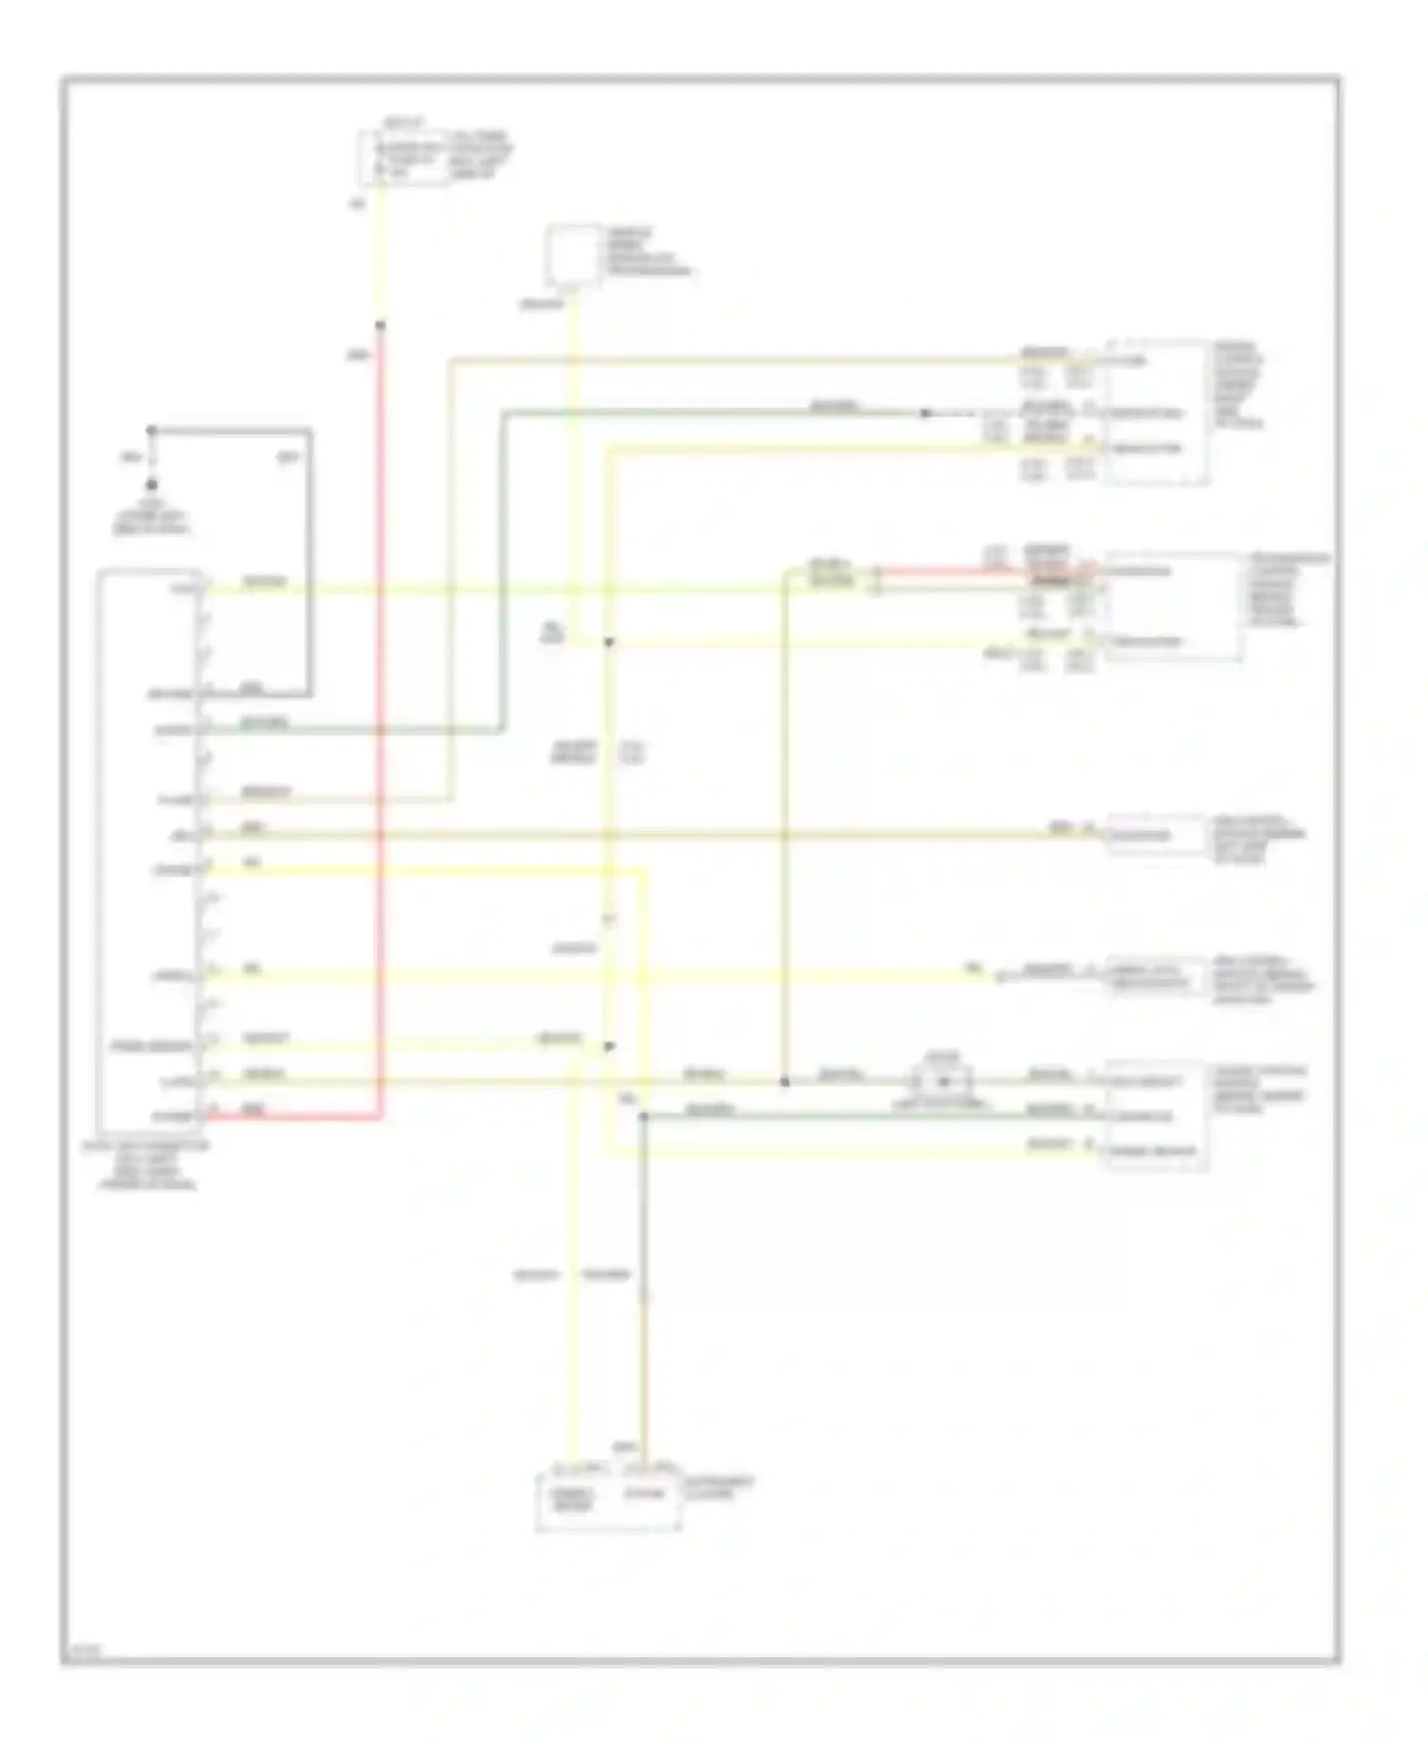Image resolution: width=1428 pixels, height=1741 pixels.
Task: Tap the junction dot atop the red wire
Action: coord(380,326)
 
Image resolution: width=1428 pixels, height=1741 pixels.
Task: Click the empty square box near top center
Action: coord(573,255)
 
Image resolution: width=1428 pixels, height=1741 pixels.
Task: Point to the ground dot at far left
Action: coord(151,485)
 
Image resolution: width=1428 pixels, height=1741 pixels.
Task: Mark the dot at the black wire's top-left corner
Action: coord(151,430)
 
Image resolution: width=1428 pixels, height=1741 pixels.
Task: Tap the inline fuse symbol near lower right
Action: coord(943,1081)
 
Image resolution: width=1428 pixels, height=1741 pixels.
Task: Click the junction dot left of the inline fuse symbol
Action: coord(784,1082)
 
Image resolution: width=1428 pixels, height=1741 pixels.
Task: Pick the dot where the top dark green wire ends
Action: coord(923,413)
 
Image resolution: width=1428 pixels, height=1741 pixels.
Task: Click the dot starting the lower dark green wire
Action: coord(643,1116)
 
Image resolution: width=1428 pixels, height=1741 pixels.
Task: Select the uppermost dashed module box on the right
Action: coord(1157,412)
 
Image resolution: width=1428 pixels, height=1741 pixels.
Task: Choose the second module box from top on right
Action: coord(1173,607)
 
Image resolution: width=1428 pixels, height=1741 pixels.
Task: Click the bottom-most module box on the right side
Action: coord(1155,1115)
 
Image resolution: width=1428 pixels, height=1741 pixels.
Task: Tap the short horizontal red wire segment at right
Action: coord(981,572)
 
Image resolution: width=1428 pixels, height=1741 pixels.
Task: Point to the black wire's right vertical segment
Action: coord(309,562)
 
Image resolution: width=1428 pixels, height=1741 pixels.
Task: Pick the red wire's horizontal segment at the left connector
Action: coord(295,1117)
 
